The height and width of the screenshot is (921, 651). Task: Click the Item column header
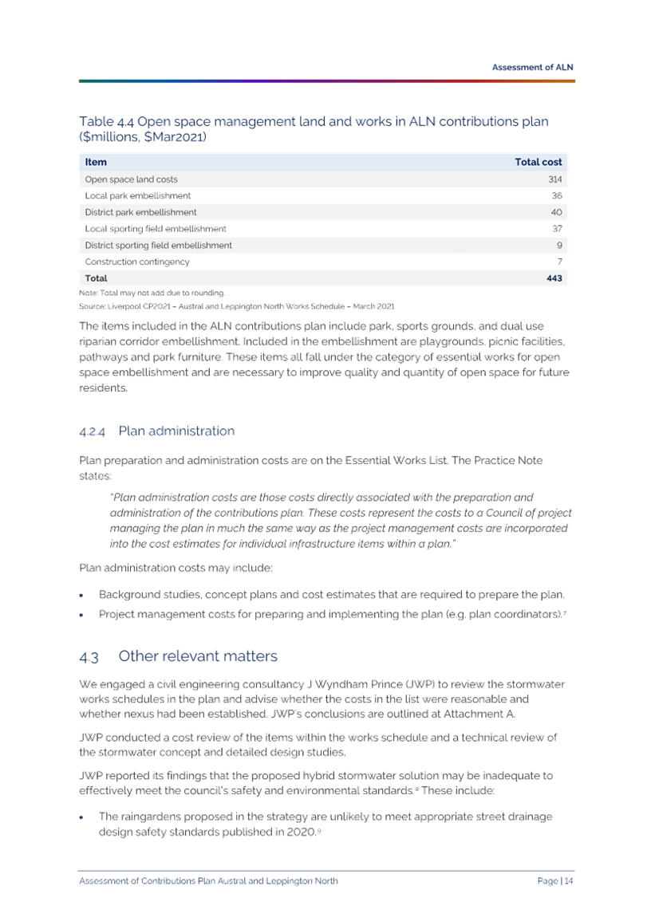(x=96, y=162)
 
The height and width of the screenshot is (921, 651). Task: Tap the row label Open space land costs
(x=132, y=179)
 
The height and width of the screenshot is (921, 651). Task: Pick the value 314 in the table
(x=554, y=179)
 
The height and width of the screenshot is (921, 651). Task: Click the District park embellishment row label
(x=140, y=212)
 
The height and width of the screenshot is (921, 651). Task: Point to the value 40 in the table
(x=556, y=212)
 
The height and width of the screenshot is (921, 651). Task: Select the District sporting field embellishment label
(x=158, y=246)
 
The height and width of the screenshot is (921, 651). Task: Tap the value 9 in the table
(x=559, y=246)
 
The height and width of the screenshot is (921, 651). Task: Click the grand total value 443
(x=554, y=278)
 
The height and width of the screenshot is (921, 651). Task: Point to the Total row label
(x=96, y=278)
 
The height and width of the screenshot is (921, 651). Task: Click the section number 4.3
(x=89, y=656)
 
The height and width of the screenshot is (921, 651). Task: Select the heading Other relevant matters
(x=198, y=655)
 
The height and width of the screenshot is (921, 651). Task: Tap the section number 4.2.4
(x=92, y=431)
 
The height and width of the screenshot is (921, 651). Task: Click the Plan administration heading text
(x=176, y=431)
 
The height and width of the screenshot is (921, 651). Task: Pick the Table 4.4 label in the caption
(x=106, y=122)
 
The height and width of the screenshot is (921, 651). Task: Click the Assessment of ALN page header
(x=532, y=66)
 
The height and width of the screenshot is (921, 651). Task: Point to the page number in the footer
(x=555, y=880)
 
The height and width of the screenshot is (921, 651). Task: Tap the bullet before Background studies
(x=81, y=595)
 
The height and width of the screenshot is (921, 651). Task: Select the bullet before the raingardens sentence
(x=81, y=817)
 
